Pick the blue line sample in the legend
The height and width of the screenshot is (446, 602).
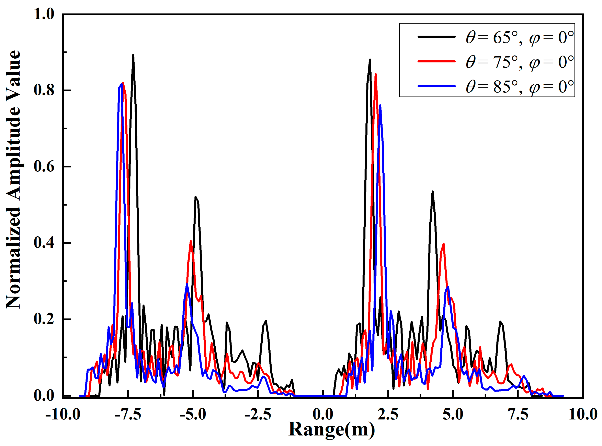tap(436, 86)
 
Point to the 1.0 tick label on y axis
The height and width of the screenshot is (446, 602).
tap(44, 14)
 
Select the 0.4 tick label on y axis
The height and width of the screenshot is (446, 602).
tap(44, 243)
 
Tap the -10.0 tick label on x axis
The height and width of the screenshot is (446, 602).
tap(63, 414)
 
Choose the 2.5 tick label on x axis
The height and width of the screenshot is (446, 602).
tap(388, 414)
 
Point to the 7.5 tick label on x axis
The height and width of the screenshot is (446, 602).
tap(518, 414)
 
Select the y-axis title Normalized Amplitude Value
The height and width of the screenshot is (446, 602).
tap(13, 180)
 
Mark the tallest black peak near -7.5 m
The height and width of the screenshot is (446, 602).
tap(133, 55)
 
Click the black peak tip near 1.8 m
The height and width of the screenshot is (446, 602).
tap(370, 60)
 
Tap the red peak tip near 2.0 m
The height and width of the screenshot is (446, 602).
tap(376, 74)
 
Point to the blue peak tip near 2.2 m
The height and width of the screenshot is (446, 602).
tap(380, 106)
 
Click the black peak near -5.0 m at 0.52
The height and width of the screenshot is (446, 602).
tap(195, 197)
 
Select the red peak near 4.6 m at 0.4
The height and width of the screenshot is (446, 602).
tap(443, 244)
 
